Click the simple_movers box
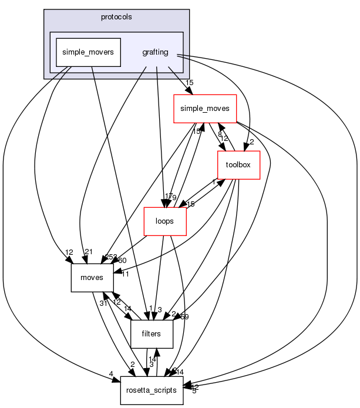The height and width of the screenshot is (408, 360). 88,52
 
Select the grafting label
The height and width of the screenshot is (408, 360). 156,52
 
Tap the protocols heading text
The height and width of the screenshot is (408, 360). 116,17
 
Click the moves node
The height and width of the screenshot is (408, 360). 92,277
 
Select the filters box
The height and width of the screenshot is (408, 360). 151,334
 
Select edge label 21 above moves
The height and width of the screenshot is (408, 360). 89,252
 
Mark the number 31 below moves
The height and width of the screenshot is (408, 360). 103,302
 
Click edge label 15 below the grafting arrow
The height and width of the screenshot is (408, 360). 189,83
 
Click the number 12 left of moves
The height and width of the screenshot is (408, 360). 69,251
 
